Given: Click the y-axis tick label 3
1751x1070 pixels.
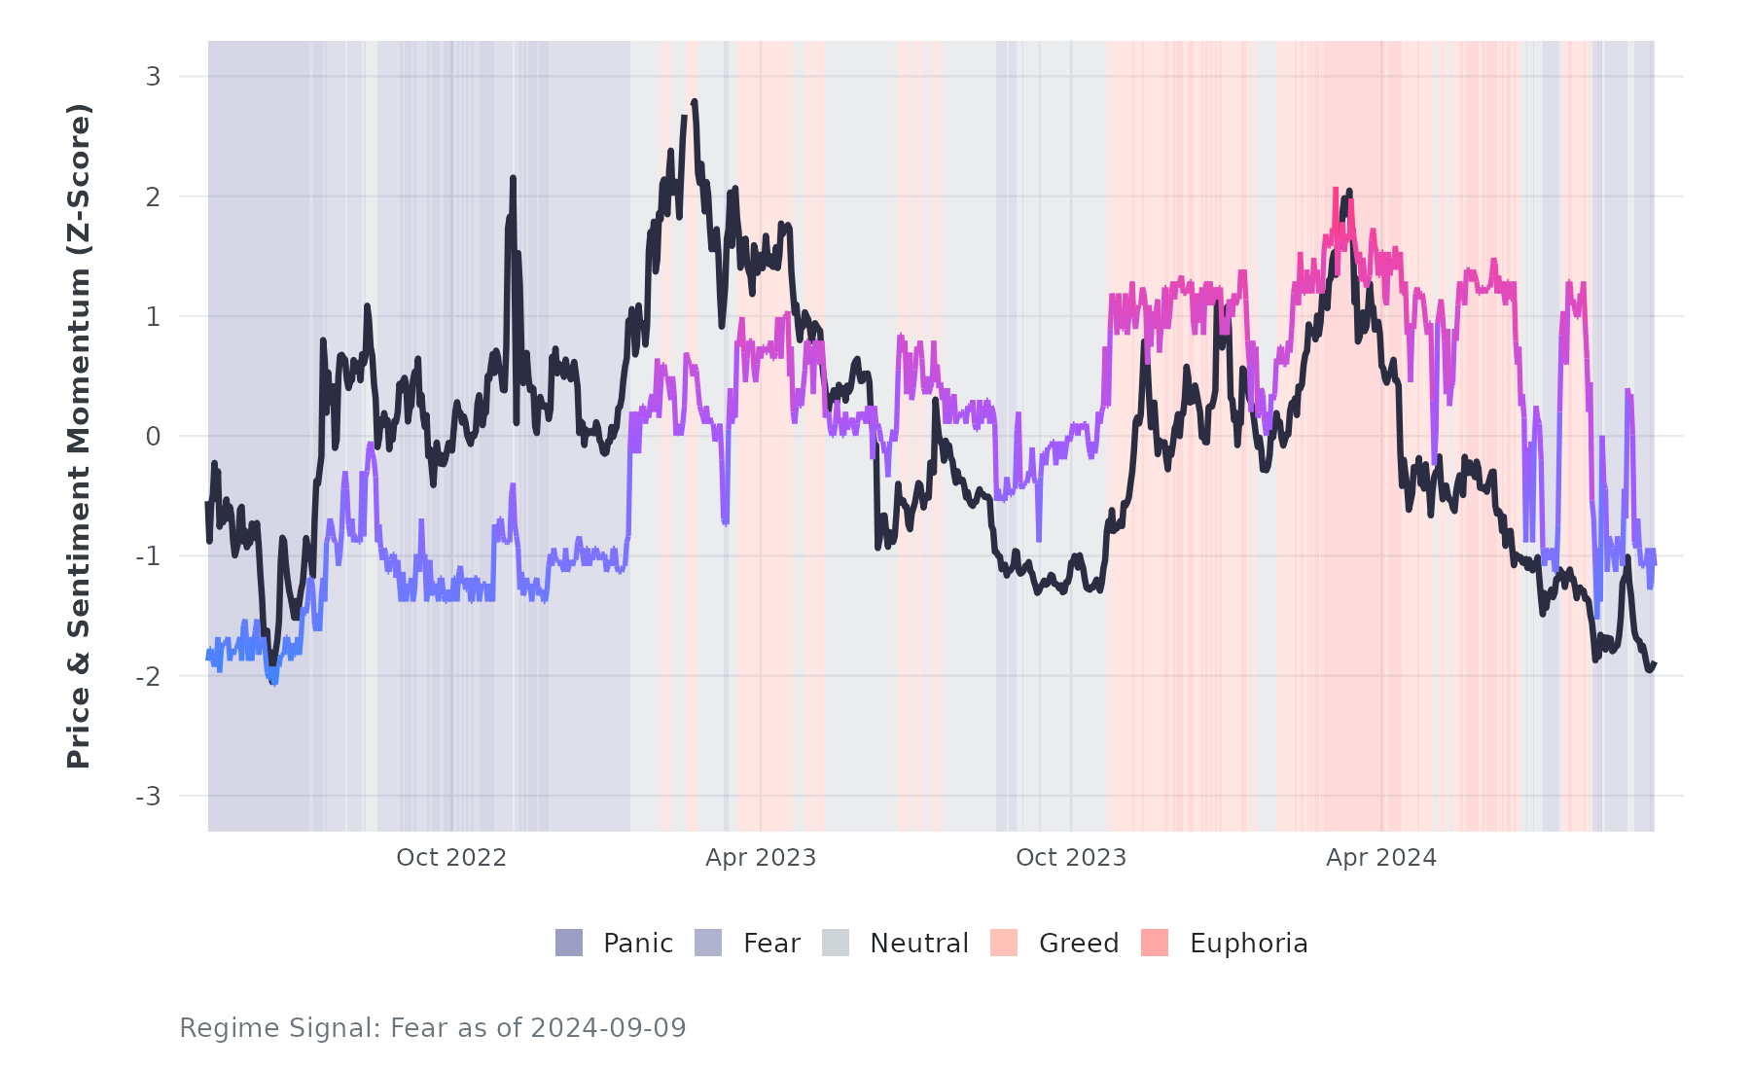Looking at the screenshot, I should [153, 77].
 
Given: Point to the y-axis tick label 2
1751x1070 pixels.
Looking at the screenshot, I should [153, 196].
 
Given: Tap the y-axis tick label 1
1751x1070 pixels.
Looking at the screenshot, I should [153, 317].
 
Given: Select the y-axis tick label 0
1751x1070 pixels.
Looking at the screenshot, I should [153, 437].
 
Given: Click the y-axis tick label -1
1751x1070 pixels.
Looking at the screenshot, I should [148, 556].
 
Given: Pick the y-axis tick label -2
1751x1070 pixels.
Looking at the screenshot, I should [148, 677].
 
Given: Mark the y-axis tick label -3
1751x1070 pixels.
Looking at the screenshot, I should [148, 797].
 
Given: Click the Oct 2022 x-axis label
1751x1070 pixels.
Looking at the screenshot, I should [451, 858].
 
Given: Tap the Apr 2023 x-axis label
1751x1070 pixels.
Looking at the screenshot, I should [761, 858].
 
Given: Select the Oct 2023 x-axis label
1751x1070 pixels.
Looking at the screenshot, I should [1071, 858].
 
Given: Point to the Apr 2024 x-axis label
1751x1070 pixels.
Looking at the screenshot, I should [1381, 858].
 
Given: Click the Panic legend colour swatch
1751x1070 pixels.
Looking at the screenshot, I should [569, 943].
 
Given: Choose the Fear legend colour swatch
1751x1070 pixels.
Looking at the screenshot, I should [708, 943].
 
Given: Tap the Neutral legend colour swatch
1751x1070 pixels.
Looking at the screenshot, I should [836, 943].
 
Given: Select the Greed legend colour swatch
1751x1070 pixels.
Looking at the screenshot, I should [1004, 943].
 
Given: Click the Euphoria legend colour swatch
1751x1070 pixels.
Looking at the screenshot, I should [1155, 943].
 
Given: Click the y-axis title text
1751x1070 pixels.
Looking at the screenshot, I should [79, 436].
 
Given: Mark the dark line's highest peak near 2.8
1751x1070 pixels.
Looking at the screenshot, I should [694, 101].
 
